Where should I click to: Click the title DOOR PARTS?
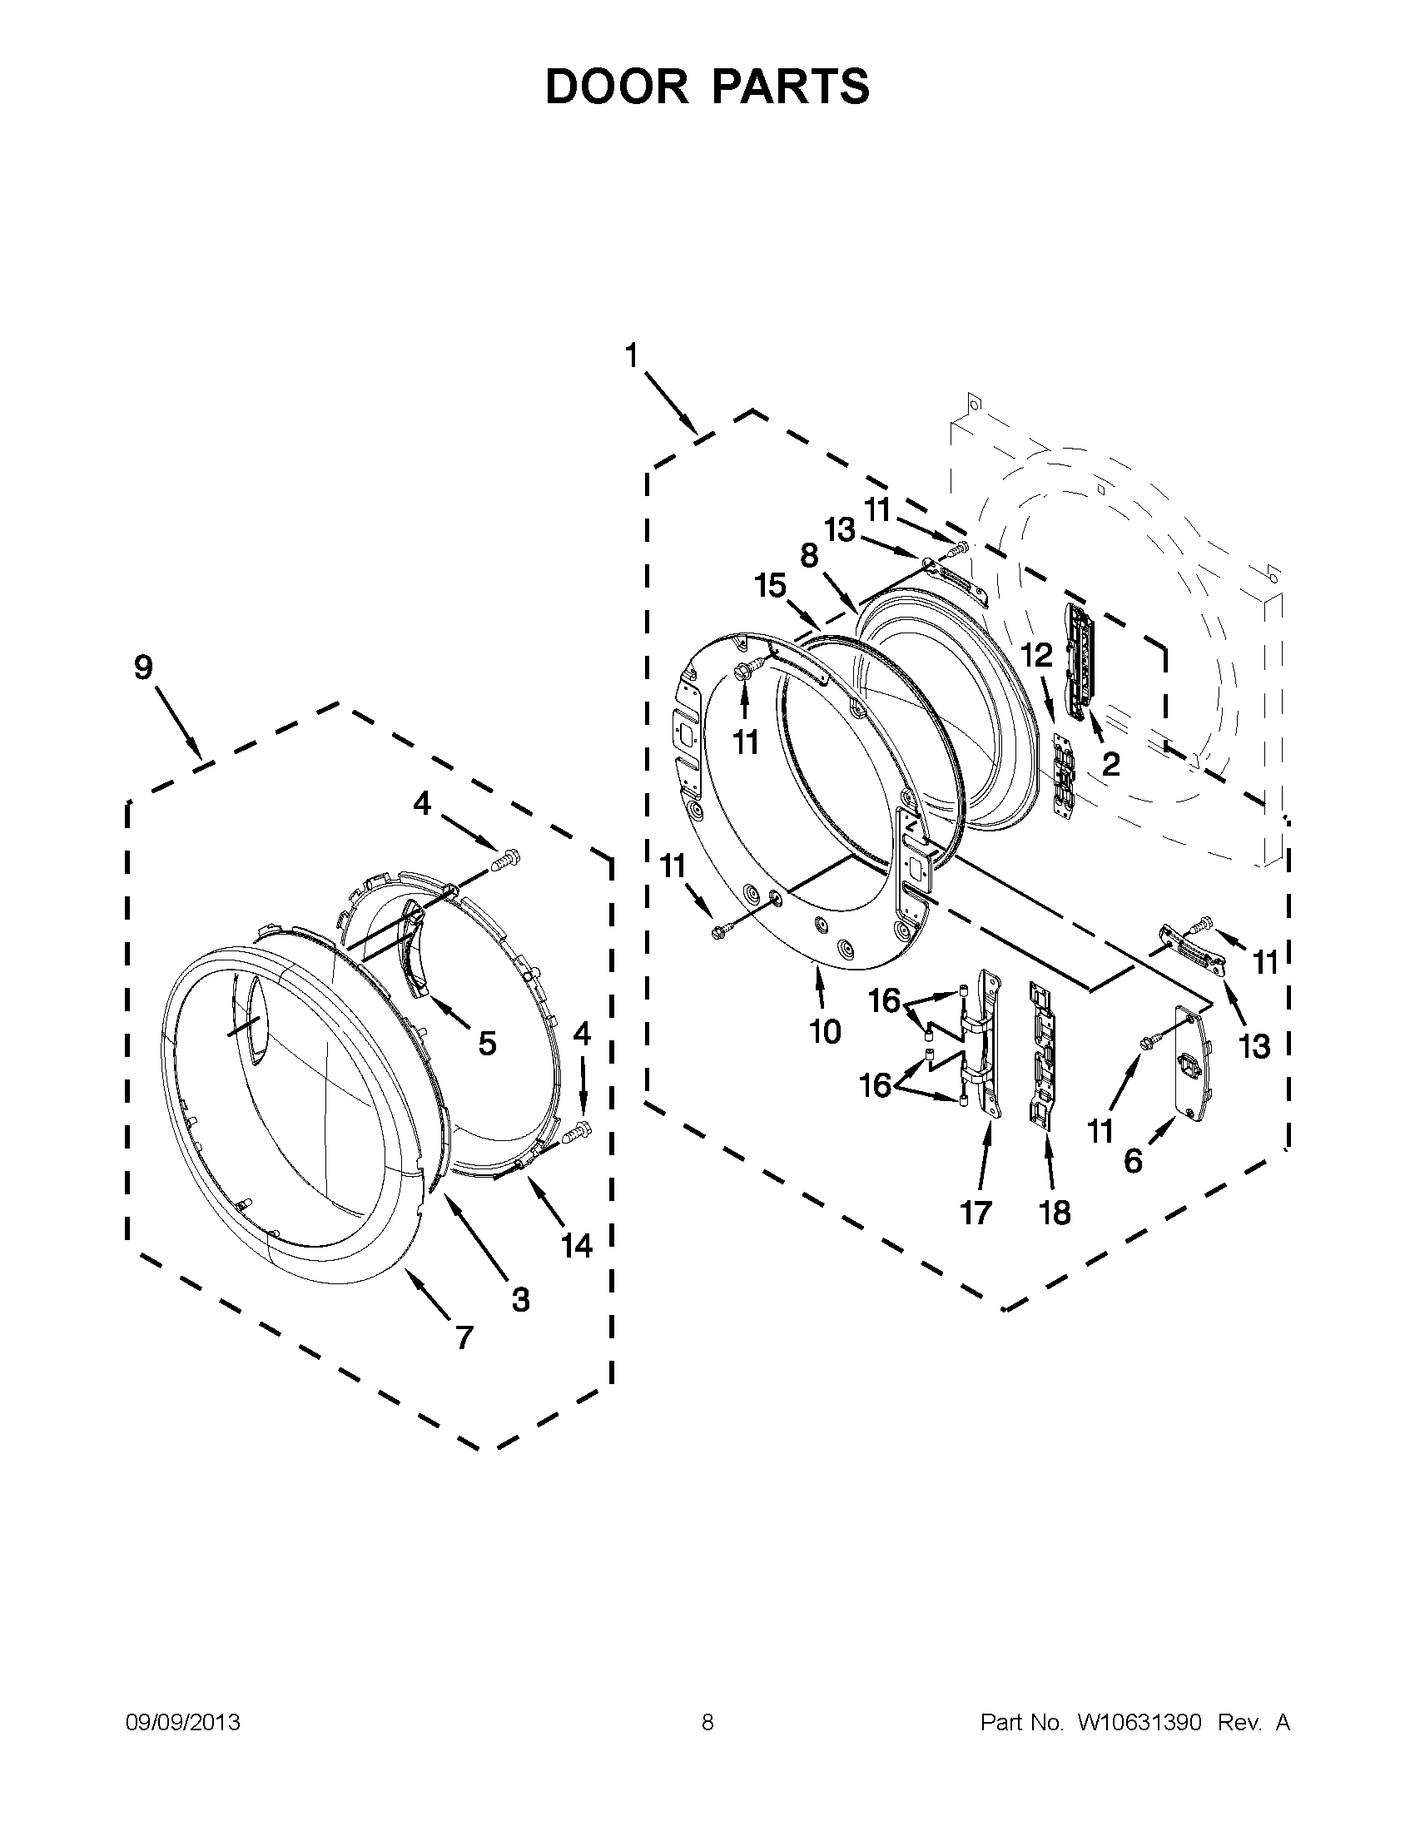707,87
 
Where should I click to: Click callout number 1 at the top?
631,356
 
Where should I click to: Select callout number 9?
143,667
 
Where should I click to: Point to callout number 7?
464,1337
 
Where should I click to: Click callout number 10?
825,1031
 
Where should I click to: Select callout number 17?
976,1212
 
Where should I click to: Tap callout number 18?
1055,1212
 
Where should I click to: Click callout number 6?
1132,1161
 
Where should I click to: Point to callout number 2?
1110,764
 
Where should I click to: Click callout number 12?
1036,655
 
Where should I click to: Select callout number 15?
769,586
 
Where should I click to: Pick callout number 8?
809,556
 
